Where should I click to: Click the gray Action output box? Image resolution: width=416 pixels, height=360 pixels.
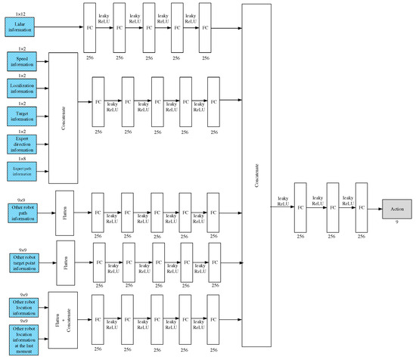coord(397,207)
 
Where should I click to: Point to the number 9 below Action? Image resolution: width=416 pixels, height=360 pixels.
coord(396,224)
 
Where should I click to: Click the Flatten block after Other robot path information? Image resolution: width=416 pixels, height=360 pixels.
coord(64,213)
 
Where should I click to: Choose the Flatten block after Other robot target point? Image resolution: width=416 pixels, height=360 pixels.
coord(64,261)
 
